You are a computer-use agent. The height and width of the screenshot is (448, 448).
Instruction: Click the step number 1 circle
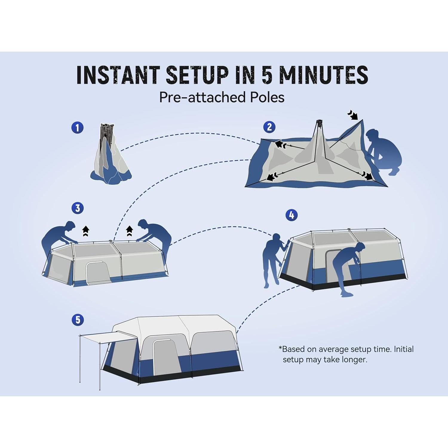(x=77, y=128)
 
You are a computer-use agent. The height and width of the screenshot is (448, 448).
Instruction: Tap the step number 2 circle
(x=269, y=127)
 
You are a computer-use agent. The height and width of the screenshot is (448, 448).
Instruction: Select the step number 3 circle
(x=78, y=208)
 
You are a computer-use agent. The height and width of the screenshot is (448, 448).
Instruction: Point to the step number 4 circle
(x=291, y=215)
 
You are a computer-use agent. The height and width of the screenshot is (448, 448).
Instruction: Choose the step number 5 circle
(x=78, y=320)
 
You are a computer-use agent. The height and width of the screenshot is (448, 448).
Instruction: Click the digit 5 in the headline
(x=267, y=75)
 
